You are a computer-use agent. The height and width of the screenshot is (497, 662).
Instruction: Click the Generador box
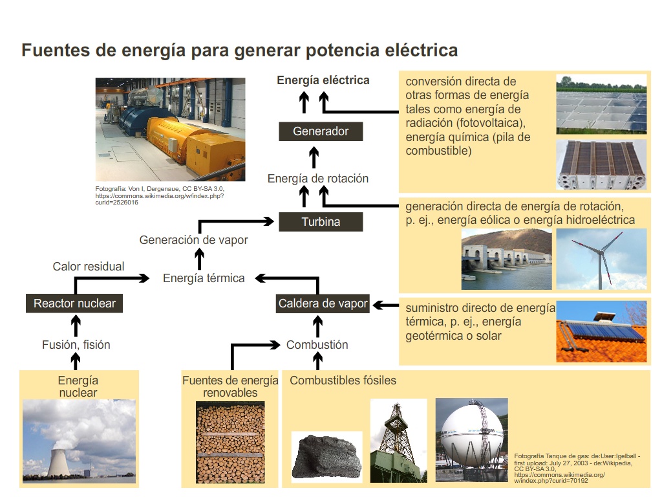click(x=321, y=131)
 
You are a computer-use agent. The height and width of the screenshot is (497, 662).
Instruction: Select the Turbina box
click(x=321, y=222)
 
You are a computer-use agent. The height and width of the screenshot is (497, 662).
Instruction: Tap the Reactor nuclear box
click(x=74, y=304)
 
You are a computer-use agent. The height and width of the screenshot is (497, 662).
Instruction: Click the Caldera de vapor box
click(x=323, y=304)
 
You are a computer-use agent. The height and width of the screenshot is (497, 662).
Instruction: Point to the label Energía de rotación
click(x=318, y=179)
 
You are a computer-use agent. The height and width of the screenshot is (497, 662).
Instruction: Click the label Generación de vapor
click(x=193, y=240)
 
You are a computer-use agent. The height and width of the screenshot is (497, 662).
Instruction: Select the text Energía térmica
click(x=204, y=278)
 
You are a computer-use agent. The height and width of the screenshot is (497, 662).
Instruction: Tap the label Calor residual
click(x=88, y=266)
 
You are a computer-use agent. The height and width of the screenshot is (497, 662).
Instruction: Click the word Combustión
click(x=317, y=345)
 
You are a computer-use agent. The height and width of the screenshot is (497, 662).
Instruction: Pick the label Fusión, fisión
click(x=76, y=345)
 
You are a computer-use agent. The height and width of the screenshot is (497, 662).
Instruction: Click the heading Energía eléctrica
click(x=323, y=80)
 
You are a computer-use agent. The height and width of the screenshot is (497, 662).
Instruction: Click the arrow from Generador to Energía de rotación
click(x=314, y=157)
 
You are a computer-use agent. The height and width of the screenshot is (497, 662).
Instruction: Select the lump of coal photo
click(x=326, y=457)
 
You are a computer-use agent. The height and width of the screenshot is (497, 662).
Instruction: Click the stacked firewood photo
click(x=230, y=442)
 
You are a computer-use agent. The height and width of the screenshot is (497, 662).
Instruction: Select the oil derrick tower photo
click(x=398, y=441)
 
